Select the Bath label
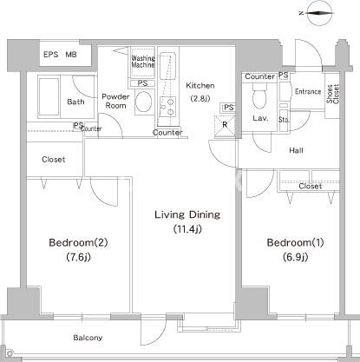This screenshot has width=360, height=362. (75, 102)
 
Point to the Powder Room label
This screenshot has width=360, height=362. (115, 102)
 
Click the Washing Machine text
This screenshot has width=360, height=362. (143, 63)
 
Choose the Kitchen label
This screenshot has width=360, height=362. (200, 85)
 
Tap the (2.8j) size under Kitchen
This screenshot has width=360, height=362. (200, 98)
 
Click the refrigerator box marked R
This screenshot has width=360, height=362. (225, 124)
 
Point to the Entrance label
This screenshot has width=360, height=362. (308, 91)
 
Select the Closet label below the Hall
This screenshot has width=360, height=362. (310, 186)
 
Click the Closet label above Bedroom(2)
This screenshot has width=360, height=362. (53, 160)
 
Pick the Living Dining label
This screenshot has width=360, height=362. (187, 214)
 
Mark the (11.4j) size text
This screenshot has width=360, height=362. (187, 229)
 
